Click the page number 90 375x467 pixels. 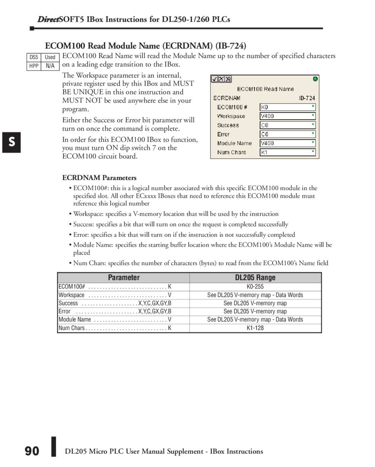tap(32, 451)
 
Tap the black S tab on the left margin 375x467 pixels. tap(12, 142)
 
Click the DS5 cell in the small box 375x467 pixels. tap(34, 57)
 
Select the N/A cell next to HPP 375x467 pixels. tap(50, 66)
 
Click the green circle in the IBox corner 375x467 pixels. tap(315, 78)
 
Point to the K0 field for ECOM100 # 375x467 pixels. tap(287, 107)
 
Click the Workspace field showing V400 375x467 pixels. tap(287, 116)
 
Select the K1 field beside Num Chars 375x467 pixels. tap(287, 152)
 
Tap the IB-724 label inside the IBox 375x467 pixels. tap(307, 98)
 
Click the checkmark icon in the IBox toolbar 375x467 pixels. tap(214, 79)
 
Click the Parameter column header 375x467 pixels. tap(124, 278)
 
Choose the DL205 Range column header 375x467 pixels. tap(255, 278)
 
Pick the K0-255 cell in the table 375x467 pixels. tap(255, 287)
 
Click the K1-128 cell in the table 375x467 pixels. tap(255, 328)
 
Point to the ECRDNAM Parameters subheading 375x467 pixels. tap(100, 178)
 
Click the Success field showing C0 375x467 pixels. tap(287, 125)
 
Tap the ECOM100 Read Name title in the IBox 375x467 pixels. tap(265, 89)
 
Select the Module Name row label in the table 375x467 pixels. tap(75, 320)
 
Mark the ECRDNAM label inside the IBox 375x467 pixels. tap(227, 98)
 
